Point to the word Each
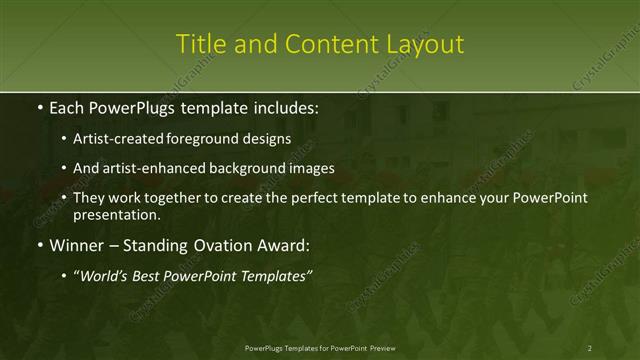69,107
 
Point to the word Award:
288,244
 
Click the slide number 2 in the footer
590,347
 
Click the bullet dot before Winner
39,245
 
